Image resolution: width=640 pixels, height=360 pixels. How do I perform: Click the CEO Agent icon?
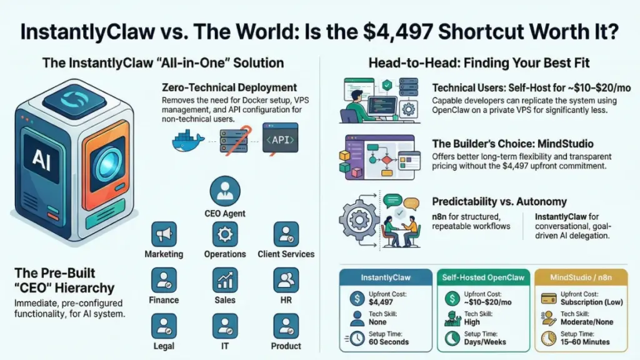225,190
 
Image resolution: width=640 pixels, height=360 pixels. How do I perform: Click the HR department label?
286,300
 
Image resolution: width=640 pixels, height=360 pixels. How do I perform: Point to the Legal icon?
164,326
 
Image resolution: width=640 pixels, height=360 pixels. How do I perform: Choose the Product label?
286,346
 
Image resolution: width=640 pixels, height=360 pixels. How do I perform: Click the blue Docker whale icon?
189,141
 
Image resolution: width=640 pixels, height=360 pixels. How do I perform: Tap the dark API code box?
279,139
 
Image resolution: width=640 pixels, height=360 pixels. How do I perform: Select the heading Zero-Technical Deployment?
229,87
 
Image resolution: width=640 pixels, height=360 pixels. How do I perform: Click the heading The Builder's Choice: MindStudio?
512,144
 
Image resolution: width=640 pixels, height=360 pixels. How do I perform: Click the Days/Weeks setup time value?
484,342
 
